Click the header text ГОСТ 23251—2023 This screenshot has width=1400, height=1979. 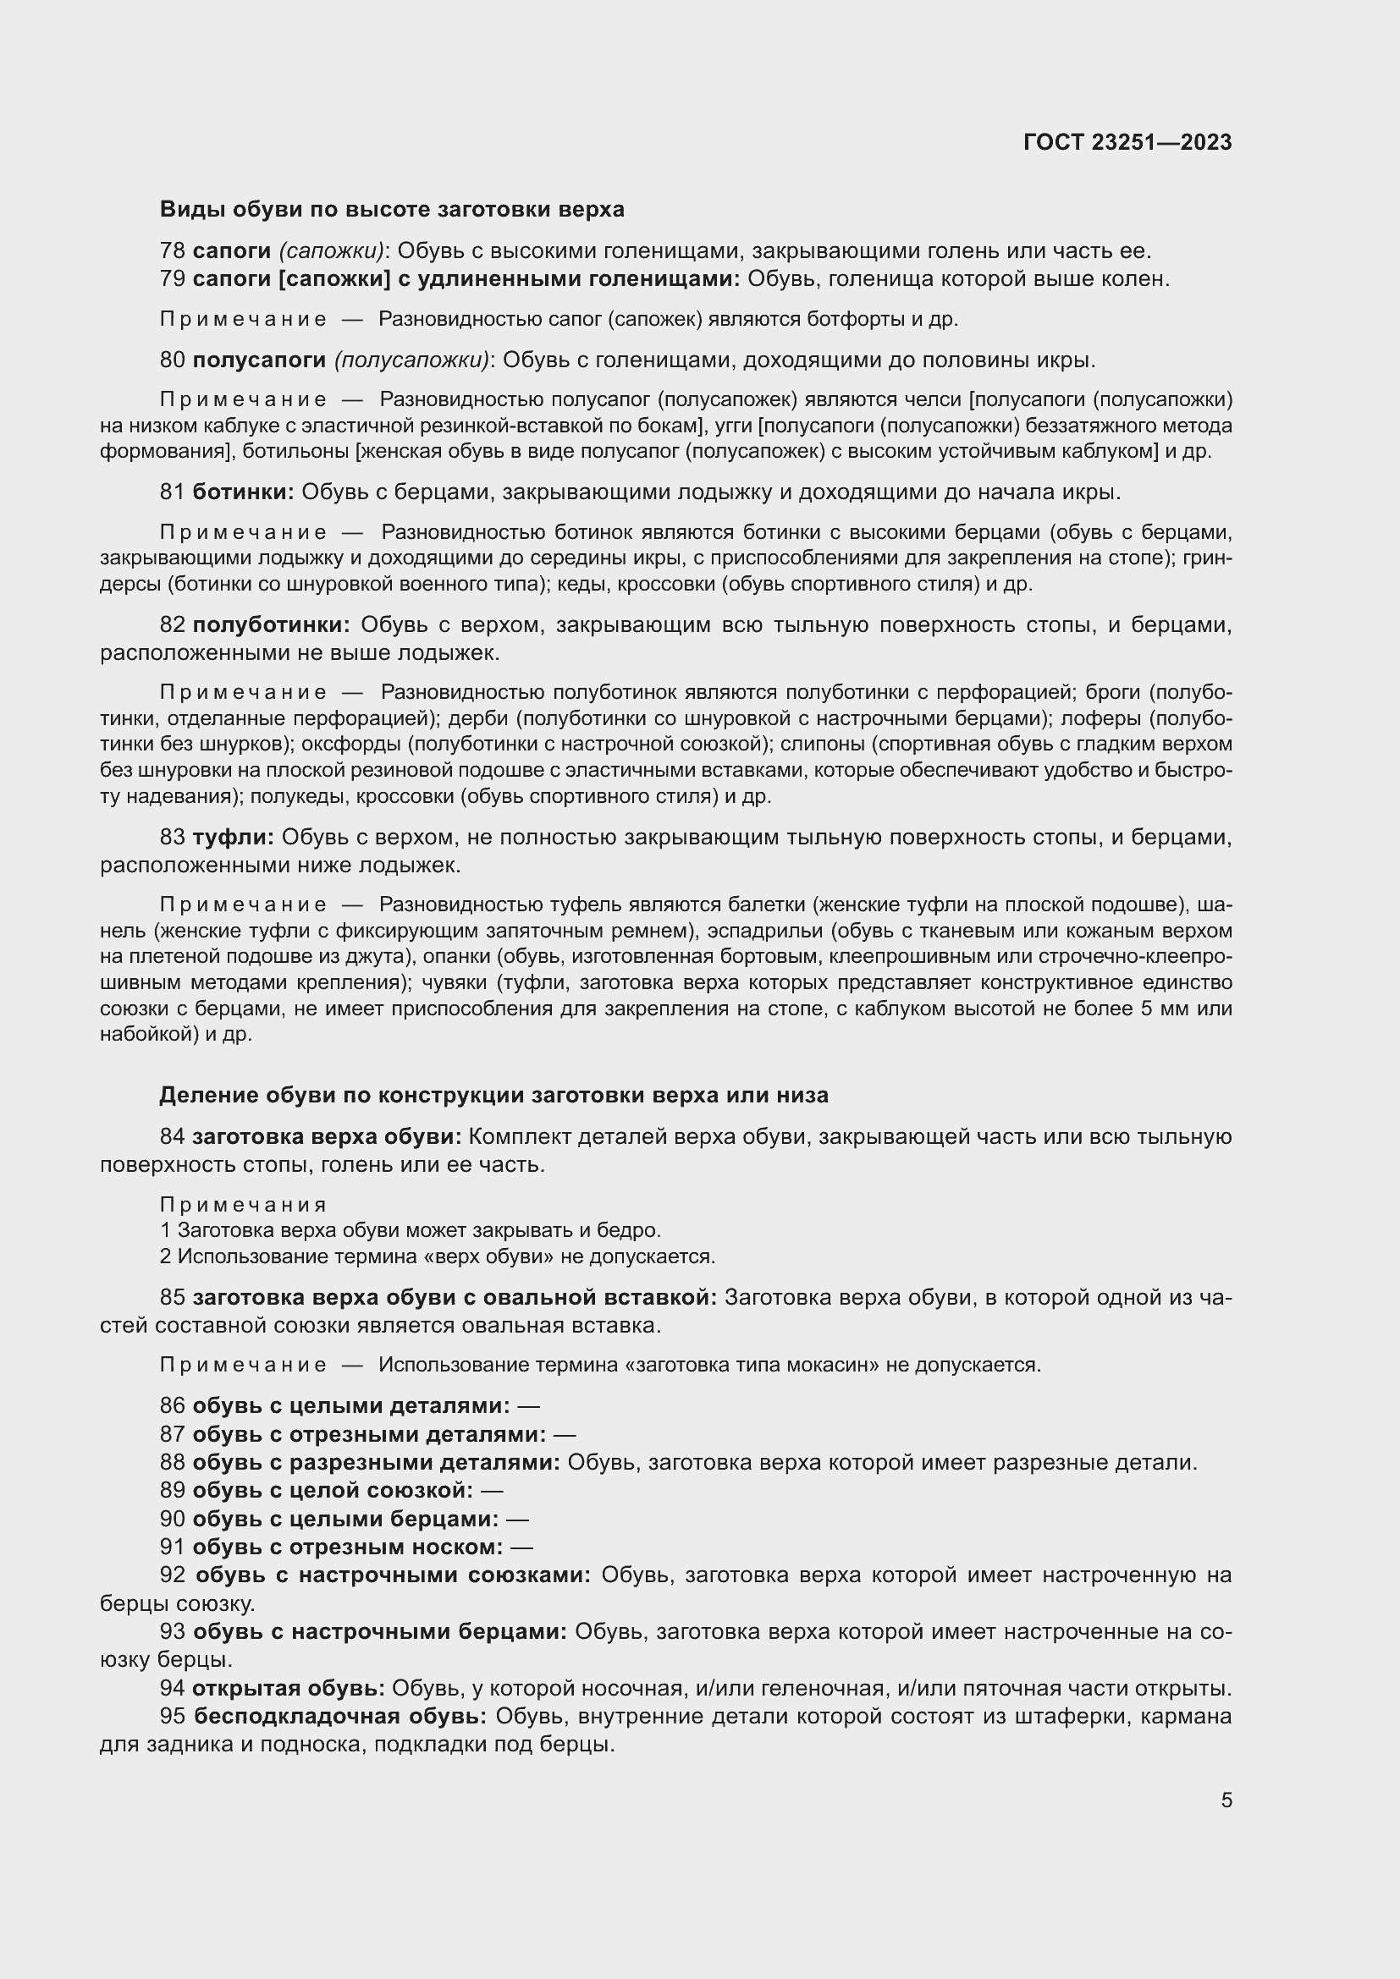pos(1127,142)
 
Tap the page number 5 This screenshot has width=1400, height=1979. pos(1226,1800)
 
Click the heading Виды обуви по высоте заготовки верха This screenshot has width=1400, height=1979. pos(391,210)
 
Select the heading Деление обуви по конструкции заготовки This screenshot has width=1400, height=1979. pos(493,1095)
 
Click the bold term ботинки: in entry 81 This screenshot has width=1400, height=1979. pos(243,492)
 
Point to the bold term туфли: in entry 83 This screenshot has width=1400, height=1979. pos(233,837)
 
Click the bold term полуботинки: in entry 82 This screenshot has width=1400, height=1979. pos(271,625)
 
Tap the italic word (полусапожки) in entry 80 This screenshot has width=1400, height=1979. pos(411,360)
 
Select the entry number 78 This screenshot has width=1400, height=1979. pos(173,250)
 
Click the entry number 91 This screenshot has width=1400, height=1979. pos(173,1547)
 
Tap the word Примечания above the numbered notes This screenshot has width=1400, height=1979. pos(243,1204)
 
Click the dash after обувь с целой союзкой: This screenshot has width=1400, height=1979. pos(492,1490)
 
